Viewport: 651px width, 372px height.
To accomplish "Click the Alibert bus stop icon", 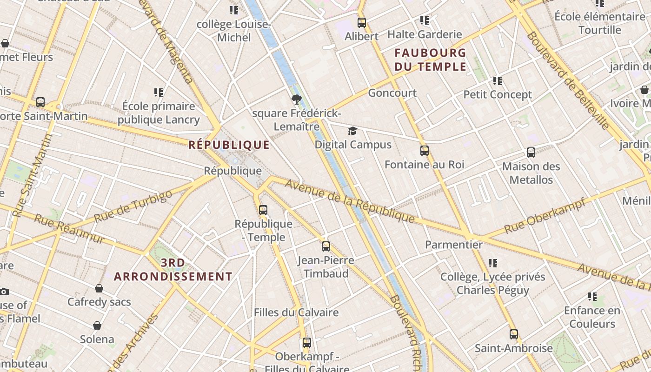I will pyautogui.click(x=362, y=22).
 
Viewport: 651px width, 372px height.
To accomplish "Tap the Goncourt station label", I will pyautogui.click(x=392, y=93).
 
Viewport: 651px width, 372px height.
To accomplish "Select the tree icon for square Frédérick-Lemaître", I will pyautogui.click(x=296, y=99).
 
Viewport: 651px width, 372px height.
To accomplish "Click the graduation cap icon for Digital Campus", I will pyautogui.click(x=352, y=131).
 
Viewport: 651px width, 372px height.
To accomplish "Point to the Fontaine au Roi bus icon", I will pyautogui.click(x=424, y=151).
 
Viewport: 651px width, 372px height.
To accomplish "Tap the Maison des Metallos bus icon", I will pyautogui.click(x=531, y=153).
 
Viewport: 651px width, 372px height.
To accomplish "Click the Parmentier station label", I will pyautogui.click(x=454, y=245).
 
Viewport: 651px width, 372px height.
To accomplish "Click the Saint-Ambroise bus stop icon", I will pyautogui.click(x=513, y=334).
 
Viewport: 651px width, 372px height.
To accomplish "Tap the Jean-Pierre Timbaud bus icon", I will pyautogui.click(x=325, y=246).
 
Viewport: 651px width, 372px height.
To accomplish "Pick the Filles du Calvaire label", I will pyautogui.click(x=296, y=312).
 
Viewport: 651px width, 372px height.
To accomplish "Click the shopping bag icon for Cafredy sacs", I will pyautogui.click(x=99, y=288).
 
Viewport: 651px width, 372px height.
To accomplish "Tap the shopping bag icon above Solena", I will pyautogui.click(x=97, y=325).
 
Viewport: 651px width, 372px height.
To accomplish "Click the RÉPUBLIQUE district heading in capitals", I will pyautogui.click(x=229, y=145).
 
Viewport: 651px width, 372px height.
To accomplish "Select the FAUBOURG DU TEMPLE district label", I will pyautogui.click(x=430, y=60).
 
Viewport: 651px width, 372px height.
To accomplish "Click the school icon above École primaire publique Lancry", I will pyautogui.click(x=159, y=93).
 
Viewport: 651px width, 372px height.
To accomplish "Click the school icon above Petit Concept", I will pyautogui.click(x=498, y=81).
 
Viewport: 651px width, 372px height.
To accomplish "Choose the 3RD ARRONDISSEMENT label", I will pyautogui.click(x=173, y=270).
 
